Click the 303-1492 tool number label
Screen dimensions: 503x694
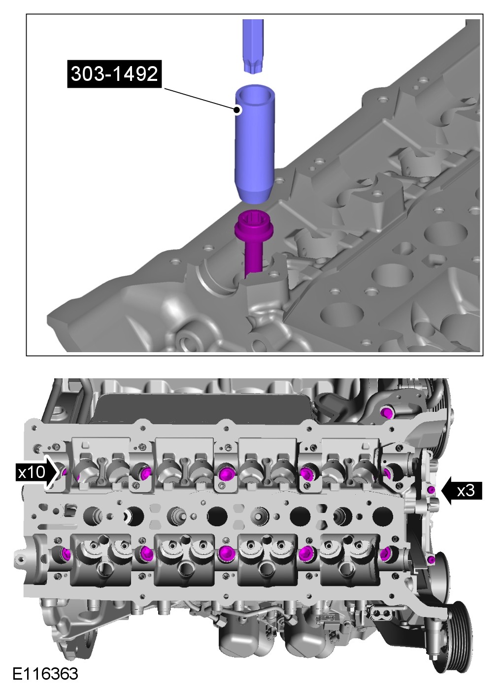click(114, 73)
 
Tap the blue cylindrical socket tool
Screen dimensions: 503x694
click(252, 144)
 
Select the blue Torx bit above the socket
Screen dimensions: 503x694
click(253, 46)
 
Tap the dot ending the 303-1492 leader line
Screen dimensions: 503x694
click(237, 110)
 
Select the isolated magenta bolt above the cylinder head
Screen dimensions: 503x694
click(386, 412)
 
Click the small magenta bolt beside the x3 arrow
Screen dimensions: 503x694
click(432, 490)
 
